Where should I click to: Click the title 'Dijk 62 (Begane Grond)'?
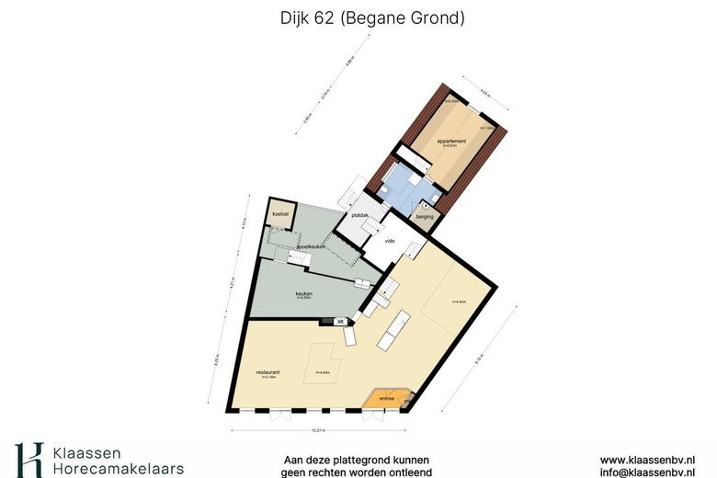point(358,17)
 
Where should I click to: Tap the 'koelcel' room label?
point(279,214)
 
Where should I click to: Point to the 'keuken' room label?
point(303,294)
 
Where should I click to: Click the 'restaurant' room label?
point(267,371)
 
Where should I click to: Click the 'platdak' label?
point(359,216)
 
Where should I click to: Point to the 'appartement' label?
point(450,141)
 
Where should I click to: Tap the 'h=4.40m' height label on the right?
point(460,302)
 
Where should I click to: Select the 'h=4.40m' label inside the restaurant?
point(323,372)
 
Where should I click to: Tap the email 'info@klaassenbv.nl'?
point(653,472)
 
